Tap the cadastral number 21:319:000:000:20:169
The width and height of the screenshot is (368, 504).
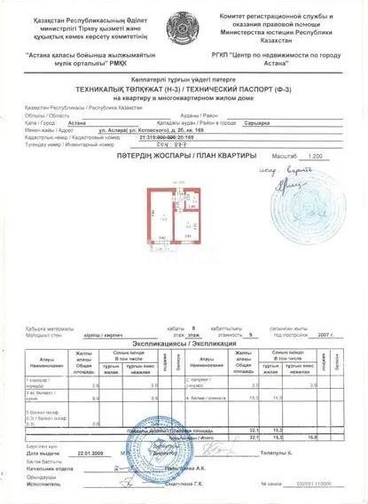pyautogui.click(x=175, y=139)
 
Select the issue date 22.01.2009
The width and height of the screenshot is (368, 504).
pyautogui.click(x=92, y=452)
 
